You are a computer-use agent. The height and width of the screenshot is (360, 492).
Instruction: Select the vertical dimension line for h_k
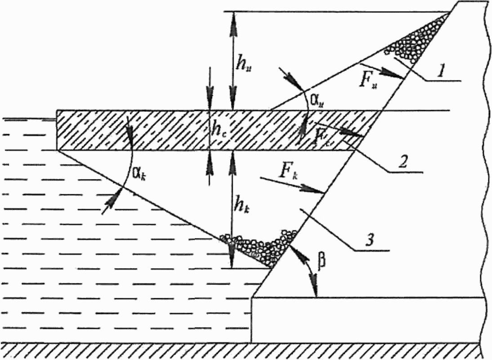tap(232, 209)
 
